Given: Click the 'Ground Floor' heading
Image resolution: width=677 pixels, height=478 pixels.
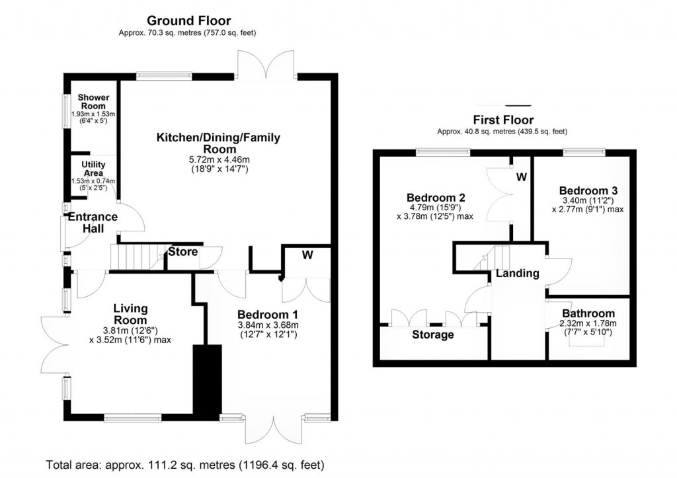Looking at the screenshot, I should [x=188, y=21].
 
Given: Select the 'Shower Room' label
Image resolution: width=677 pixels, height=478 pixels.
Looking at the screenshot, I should [x=94, y=102].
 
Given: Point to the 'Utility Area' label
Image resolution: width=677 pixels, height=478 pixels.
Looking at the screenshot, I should [x=93, y=169].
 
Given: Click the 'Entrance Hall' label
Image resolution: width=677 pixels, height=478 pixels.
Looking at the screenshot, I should [x=93, y=222].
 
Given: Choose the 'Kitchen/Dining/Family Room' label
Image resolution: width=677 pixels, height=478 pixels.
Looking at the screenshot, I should [x=218, y=143].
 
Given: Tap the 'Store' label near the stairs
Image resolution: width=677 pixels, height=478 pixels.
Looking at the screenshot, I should [x=182, y=252].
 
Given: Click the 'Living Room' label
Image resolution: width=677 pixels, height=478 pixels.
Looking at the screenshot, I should [x=130, y=314].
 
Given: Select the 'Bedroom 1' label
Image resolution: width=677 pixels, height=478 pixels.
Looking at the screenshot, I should [x=268, y=314].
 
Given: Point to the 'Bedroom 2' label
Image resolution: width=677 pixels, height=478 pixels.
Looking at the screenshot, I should [x=436, y=197].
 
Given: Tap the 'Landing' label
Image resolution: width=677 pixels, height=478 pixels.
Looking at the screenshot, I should [x=518, y=273].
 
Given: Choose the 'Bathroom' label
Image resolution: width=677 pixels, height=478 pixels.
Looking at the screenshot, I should [x=588, y=313].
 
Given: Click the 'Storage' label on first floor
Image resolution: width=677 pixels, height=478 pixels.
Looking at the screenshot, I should [x=432, y=335].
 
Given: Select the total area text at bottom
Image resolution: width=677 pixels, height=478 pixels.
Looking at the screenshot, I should [x=185, y=464].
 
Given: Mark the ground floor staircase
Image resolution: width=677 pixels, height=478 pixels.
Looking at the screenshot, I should [x=136, y=257].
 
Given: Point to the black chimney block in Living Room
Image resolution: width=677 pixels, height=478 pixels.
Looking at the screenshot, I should [x=206, y=380].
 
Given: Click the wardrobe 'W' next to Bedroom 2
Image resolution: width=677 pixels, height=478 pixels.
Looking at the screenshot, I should [x=521, y=177].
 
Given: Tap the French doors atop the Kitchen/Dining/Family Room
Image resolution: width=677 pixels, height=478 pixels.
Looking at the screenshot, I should [x=266, y=64].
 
